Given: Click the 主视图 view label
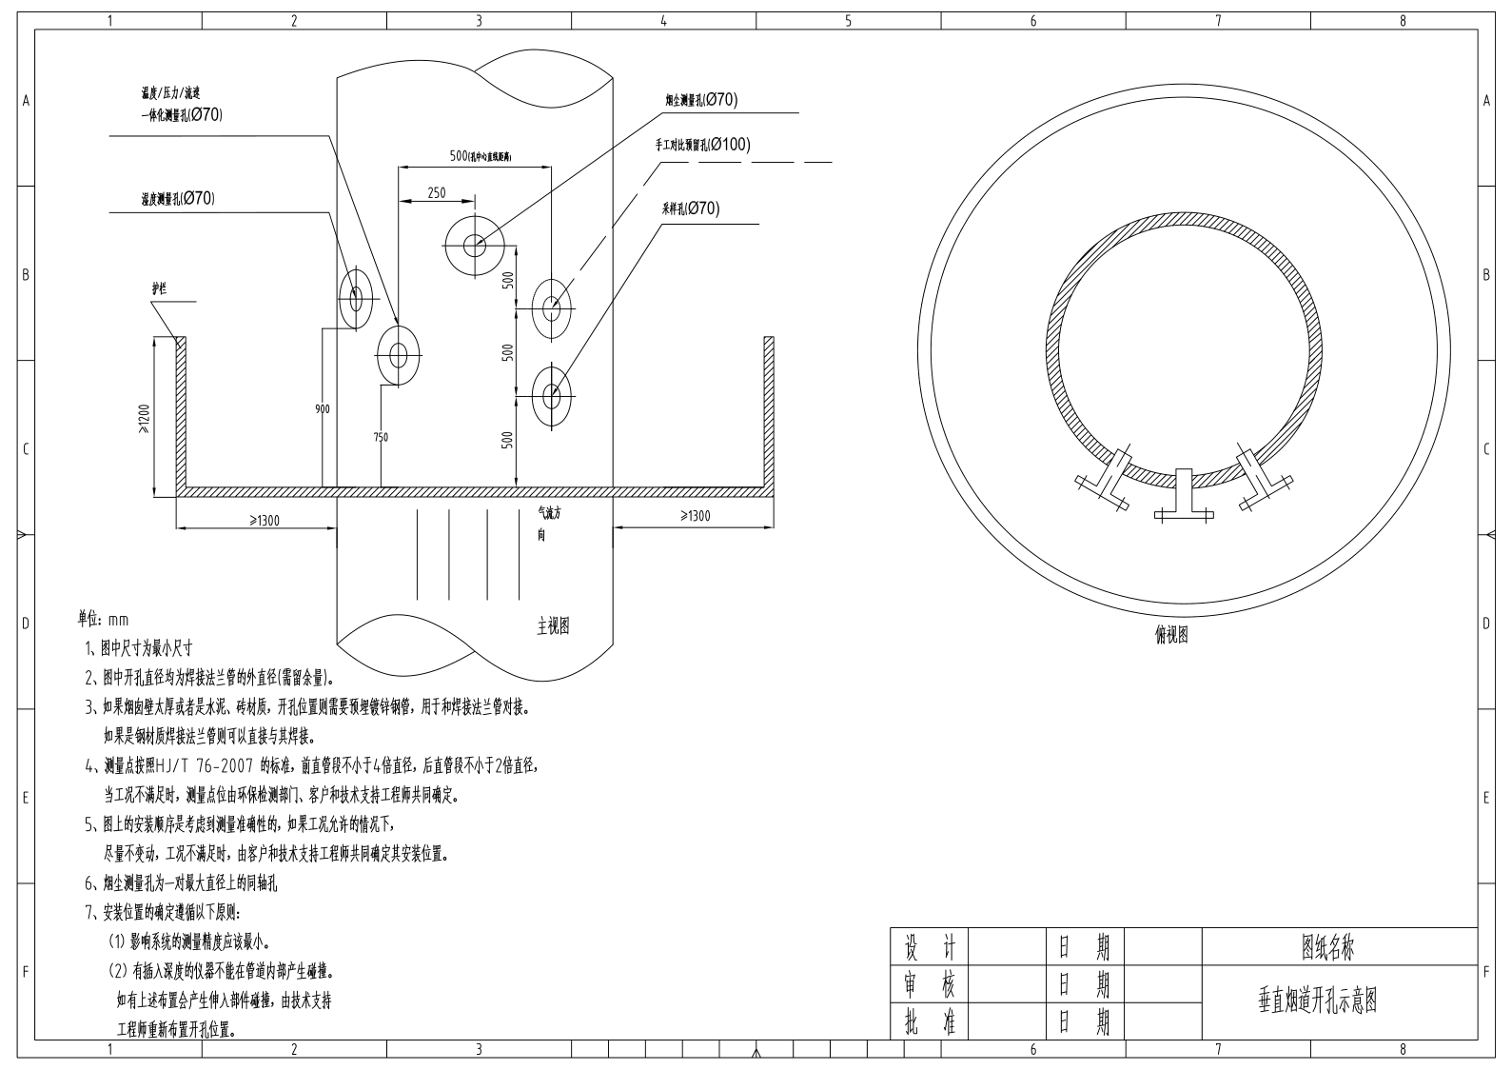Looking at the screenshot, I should coord(553,625).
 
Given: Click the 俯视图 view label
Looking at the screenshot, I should coord(1170,635).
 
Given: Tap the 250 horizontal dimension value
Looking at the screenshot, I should coord(436,192).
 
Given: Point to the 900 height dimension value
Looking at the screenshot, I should coord(323,408).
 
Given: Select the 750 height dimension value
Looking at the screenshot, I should coord(381,437).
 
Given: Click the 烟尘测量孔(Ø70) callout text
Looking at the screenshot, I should coord(700,100).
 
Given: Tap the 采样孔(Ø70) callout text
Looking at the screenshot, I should coord(690,208).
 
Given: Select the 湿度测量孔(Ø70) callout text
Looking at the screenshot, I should coord(177,199).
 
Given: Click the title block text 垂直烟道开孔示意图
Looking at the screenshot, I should coord(1318,1001).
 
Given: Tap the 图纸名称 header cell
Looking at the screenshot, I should coord(1328,947).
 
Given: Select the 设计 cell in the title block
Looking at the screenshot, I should coord(929,947).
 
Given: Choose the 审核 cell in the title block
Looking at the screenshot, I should coord(929,984).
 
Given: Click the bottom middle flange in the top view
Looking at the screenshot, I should coord(1184,495).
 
